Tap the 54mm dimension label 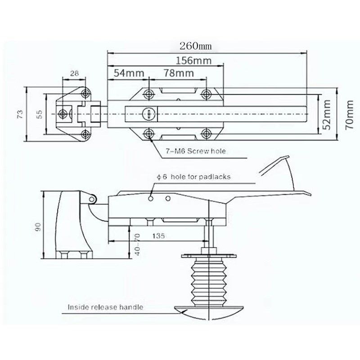pyautogui.click(x=126, y=73)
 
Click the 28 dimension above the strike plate pyautogui.click(x=74, y=73)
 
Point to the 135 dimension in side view pyautogui.click(x=158, y=235)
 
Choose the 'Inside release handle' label pyautogui.click(x=105, y=307)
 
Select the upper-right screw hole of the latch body pyautogui.click(x=206, y=94)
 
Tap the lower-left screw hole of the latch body pyautogui.click(x=149, y=133)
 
